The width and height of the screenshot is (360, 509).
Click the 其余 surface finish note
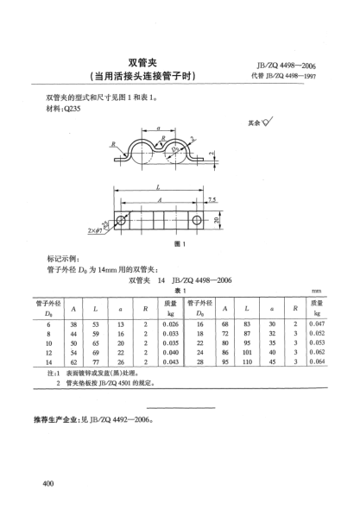(x=257, y=123)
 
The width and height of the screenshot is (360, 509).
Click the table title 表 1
(x=180, y=290)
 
